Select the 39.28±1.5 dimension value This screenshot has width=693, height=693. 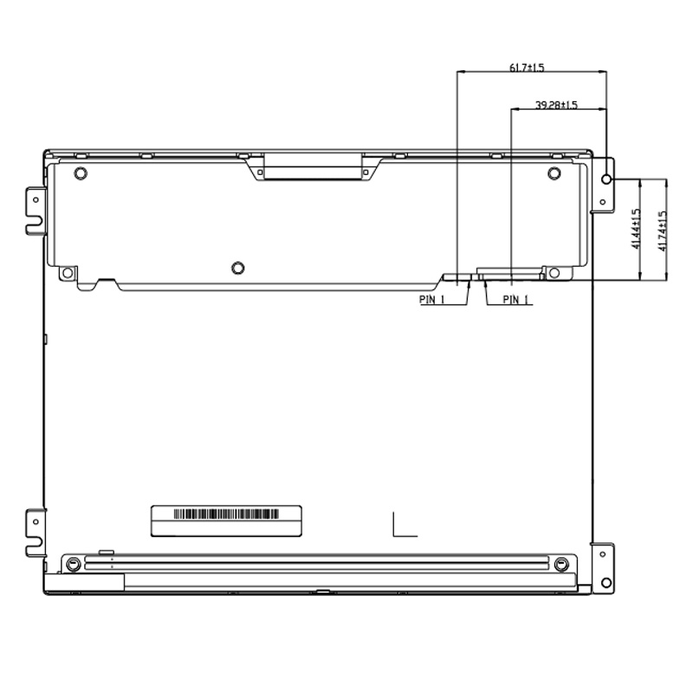click(x=556, y=105)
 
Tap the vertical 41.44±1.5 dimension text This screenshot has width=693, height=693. click(x=636, y=230)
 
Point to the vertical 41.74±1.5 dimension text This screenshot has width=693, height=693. click(x=663, y=230)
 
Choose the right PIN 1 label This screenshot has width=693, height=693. click(x=517, y=300)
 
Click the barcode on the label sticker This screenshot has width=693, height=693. click(x=228, y=513)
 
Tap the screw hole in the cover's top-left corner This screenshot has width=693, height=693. click(x=81, y=173)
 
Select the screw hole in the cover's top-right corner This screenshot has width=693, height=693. click(x=554, y=173)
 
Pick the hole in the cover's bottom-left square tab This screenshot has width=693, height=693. click(x=67, y=273)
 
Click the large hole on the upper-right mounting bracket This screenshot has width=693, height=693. click(x=606, y=179)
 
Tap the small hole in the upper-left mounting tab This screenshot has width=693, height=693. click(x=36, y=198)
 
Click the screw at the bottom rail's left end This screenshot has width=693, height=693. click(x=75, y=564)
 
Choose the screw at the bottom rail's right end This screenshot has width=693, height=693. click(x=561, y=564)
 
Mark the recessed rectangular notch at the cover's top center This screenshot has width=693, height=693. click(x=312, y=165)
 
